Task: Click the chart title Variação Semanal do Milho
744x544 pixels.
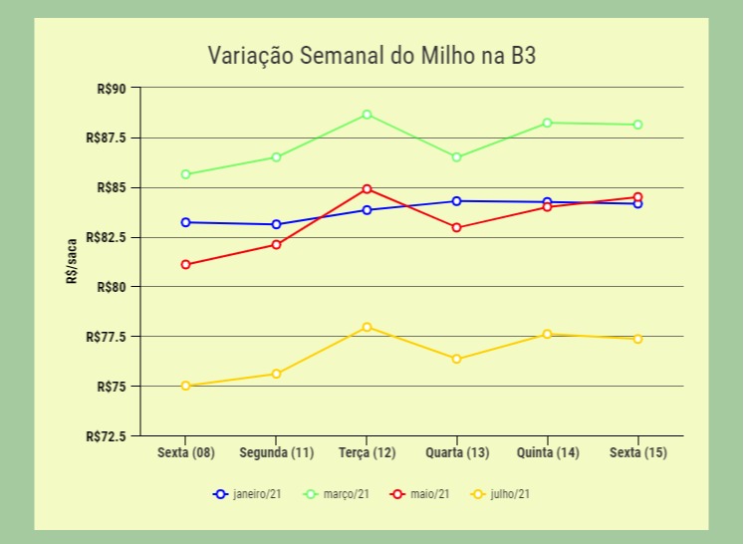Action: pos(372,55)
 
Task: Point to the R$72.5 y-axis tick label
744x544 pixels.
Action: pos(107,436)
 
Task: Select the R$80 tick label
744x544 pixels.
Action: pos(112,287)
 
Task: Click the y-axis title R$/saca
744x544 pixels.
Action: pos(72,262)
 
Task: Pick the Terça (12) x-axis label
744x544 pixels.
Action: pos(367,453)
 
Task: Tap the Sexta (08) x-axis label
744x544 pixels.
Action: pos(186,453)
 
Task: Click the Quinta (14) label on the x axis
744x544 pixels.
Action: pos(548,453)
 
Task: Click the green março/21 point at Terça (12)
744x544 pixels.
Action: pos(368,115)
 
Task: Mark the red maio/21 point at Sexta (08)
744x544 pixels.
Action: pos(186,264)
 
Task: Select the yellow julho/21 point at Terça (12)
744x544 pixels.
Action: pos(368,327)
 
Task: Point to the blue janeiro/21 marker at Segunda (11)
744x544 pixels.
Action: pos(277,224)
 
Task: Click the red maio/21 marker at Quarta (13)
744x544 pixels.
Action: pos(457,227)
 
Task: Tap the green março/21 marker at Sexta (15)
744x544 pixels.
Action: pos(637,125)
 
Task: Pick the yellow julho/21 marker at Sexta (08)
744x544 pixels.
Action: pos(186,386)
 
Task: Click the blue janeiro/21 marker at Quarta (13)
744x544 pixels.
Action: pos(457,201)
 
